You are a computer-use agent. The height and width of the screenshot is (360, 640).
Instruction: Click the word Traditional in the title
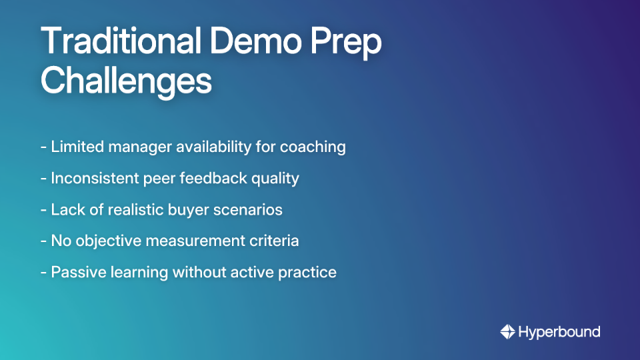[121, 43]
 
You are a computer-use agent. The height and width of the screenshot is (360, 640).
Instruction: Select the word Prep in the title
[352, 43]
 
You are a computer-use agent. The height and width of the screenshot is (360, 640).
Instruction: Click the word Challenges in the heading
[126, 82]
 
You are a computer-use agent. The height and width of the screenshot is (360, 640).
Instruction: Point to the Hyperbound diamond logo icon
[507, 331]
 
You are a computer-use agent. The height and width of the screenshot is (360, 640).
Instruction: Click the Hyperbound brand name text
[559, 331]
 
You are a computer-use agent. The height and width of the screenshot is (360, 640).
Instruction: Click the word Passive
[75, 272]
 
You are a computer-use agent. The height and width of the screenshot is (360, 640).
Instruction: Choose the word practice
[309, 272]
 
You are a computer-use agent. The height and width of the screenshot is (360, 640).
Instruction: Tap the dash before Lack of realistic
[43, 209]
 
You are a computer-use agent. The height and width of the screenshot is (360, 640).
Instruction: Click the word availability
[218, 147]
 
